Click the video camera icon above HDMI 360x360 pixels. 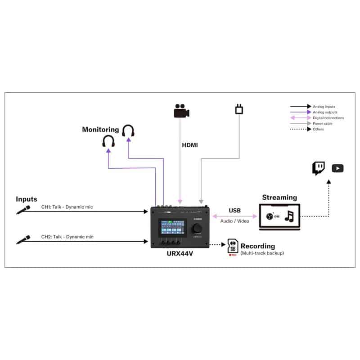180,111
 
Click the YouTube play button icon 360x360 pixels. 337,168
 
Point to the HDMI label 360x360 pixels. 189,145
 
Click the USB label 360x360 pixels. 234,210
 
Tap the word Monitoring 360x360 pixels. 100,130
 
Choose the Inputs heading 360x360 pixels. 27,199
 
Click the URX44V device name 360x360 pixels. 180,253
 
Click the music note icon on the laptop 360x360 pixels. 290,217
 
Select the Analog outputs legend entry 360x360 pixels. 325,112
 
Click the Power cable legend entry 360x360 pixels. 323,123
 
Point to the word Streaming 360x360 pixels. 279,197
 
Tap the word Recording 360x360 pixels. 258,246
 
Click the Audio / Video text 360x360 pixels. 235,221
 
